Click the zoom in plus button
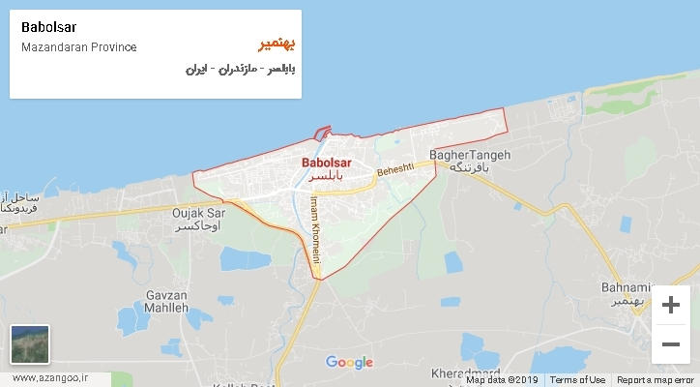click(670, 305)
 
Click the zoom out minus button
click(670, 343)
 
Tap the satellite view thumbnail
click(30, 343)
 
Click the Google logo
click(349, 363)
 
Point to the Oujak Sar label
click(197, 213)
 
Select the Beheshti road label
click(394, 171)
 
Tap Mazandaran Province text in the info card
click(78, 47)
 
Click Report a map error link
click(656, 380)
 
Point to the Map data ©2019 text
click(502, 380)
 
